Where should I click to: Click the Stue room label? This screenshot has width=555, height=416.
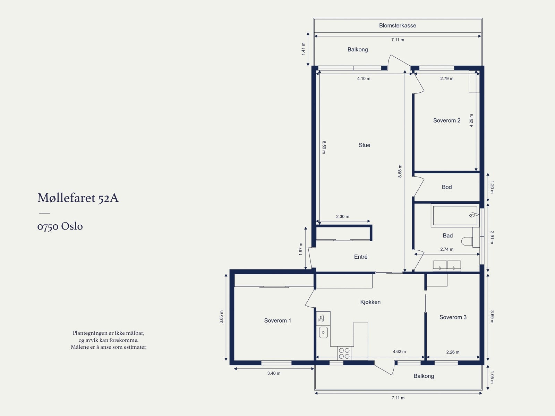(364, 145)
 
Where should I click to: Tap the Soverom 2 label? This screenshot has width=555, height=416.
(447, 120)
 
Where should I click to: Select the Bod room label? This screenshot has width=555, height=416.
(447, 187)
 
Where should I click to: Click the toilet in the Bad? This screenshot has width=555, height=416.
(467, 241)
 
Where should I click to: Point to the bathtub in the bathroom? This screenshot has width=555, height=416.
(455, 216)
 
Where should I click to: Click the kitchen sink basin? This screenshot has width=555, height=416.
(323, 333)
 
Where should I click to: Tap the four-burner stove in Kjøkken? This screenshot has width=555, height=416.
(344, 353)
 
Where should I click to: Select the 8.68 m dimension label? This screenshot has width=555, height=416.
(400, 171)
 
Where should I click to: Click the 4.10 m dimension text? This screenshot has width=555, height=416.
(364, 79)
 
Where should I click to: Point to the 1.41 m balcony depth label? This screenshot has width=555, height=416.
(304, 49)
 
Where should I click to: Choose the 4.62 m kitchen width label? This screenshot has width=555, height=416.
(399, 351)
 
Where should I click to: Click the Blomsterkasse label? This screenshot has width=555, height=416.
(398, 26)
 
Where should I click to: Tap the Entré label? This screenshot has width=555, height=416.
(361, 257)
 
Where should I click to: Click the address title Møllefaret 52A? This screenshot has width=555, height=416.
(78, 198)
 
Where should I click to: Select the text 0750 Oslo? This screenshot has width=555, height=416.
(60, 226)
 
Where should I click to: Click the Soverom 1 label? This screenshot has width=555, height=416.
(277, 321)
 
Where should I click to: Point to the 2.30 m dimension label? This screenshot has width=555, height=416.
(343, 217)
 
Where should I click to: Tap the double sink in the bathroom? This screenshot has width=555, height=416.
(447, 265)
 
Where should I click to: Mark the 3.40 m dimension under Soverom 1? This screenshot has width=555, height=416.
(274, 373)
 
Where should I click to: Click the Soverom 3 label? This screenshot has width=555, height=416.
(453, 317)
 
